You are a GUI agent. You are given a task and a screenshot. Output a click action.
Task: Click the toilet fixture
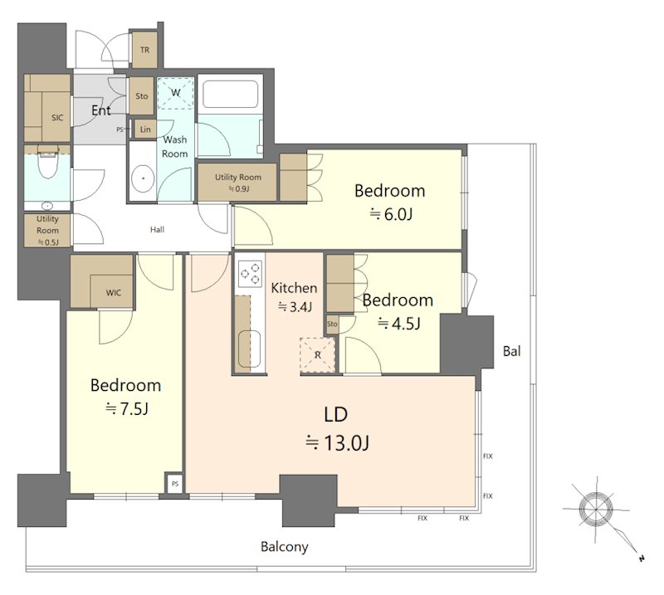pyautogui.click(x=47, y=163)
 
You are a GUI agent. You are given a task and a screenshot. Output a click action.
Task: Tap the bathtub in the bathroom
pyautogui.click(x=231, y=94)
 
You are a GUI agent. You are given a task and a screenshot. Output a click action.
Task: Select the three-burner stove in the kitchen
pyautogui.click(x=250, y=273)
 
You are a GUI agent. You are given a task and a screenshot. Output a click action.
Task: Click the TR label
pyautogui.click(x=144, y=50)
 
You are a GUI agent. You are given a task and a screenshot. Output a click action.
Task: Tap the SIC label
pyautogui.click(x=57, y=118)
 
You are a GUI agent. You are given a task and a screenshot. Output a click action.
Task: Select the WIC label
pyautogui.click(x=114, y=293)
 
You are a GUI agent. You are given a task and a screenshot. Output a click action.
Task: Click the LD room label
pyautogui.click(x=336, y=414)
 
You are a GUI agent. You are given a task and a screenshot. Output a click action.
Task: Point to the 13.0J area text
pyautogui.click(x=338, y=443)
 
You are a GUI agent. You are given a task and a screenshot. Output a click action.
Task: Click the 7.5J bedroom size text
pyautogui.click(x=127, y=408)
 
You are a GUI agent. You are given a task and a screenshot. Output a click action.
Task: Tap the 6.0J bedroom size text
pyautogui.click(x=391, y=214)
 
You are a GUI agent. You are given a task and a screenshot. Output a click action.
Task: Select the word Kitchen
pyautogui.click(x=294, y=288)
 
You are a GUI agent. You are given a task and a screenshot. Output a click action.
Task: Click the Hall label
pyautogui.click(x=157, y=230)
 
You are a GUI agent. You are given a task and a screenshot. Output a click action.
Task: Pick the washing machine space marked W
pyautogui.click(x=175, y=93)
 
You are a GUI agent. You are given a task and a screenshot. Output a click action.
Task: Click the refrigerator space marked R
pyautogui.click(x=318, y=355)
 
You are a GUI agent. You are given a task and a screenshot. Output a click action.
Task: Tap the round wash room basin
pyautogui.click(x=143, y=178)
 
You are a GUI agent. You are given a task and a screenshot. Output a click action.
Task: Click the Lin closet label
pyautogui.click(x=145, y=129)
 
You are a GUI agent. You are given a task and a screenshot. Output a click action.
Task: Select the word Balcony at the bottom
pyautogui.click(x=284, y=547)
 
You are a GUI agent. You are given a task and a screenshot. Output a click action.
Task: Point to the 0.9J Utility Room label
pyautogui.click(x=238, y=183)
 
